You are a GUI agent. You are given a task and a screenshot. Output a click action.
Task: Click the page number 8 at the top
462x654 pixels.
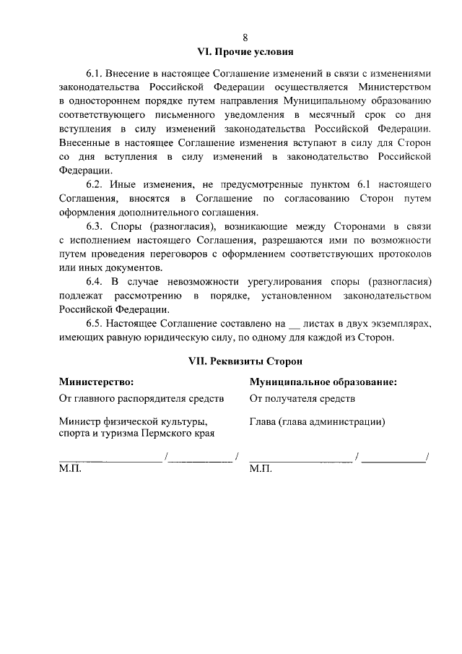pyautogui.click(x=245, y=38)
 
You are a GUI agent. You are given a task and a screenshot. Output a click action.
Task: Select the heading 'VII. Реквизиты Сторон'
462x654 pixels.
pyautogui.click(x=245, y=360)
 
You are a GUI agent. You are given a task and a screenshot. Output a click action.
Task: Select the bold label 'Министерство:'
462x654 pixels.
pyautogui.click(x=97, y=381)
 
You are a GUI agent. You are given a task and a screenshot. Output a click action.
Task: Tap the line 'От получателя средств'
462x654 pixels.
pyautogui.click(x=302, y=398)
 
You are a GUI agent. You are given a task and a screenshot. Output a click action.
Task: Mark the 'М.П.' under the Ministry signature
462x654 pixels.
pyautogui.click(x=71, y=468)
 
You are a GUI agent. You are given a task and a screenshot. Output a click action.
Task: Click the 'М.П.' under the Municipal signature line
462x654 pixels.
pyautogui.click(x=261, y=468)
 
